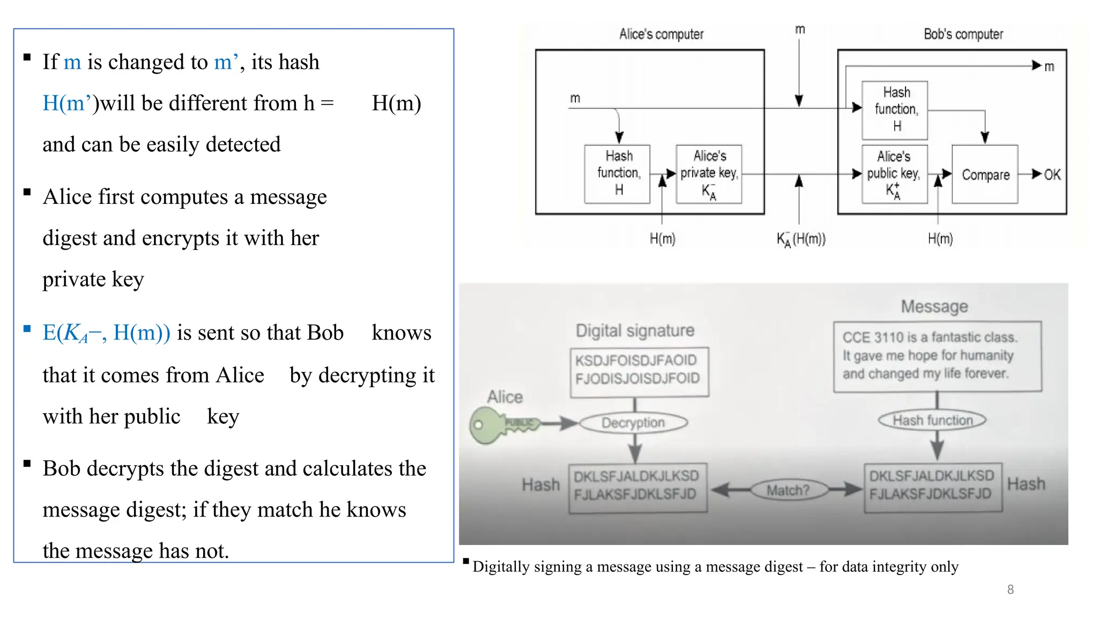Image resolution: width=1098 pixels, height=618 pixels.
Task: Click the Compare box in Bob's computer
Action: (985, 174)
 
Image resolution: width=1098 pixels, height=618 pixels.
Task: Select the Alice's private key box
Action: (709, 174)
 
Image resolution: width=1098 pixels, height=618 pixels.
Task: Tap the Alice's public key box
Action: (894, 174)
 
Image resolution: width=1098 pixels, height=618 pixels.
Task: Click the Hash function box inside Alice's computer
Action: (618, 174)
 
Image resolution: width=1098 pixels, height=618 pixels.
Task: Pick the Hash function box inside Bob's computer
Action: (895, 110)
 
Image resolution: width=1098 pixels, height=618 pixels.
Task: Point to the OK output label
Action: (1052, 174)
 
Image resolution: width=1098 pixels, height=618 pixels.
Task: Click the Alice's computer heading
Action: (661, 34)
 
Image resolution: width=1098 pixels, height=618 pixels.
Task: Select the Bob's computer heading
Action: (963, 34)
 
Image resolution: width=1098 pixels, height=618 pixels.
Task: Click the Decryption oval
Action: (633, 423)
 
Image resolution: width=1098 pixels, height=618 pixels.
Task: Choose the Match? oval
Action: (788, 490)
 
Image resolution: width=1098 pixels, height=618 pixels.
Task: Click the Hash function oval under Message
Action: (932, 420)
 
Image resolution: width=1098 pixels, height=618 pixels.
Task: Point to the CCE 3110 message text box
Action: (937, 356)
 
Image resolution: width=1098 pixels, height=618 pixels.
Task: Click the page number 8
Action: (1010, 590)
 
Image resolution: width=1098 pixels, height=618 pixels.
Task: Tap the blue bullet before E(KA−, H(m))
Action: (27, 329)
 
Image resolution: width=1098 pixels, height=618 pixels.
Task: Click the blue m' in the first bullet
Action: (226, 62)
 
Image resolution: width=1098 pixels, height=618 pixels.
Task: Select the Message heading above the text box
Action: (934, 306)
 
